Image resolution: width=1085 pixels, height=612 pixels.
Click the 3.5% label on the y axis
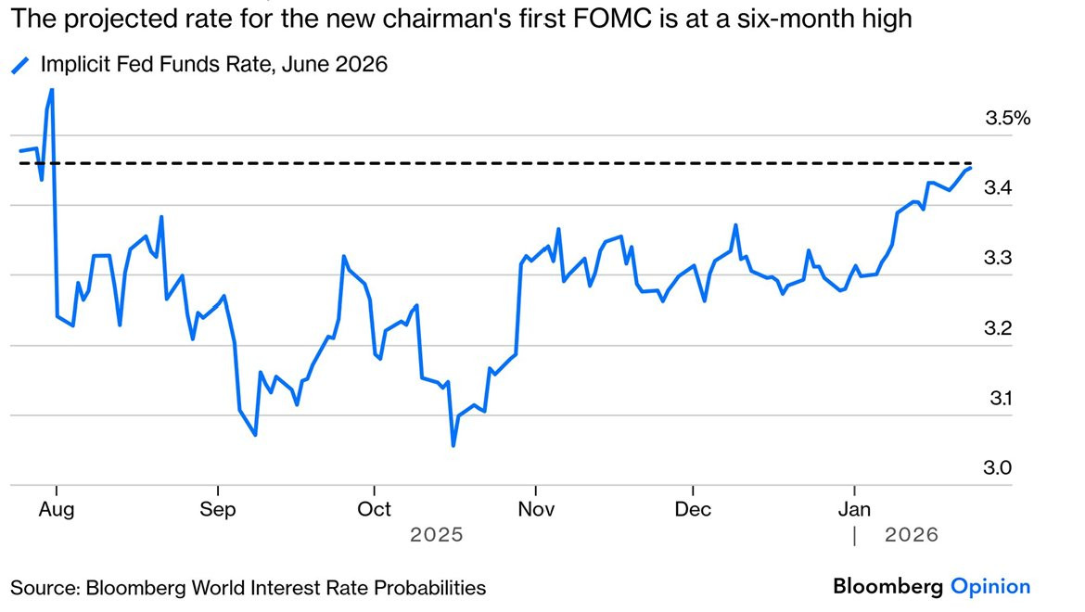(1008, 118)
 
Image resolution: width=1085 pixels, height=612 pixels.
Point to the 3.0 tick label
(998, 468)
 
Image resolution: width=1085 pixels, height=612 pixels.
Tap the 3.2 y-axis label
(998, 328)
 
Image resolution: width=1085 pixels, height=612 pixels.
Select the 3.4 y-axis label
(998, 188)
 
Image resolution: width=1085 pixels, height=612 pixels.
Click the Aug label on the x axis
(57, 509)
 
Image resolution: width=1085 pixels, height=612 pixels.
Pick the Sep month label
(218, 509)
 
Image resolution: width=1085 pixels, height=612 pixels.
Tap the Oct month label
(374, 509)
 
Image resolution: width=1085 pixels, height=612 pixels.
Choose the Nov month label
(536, 509)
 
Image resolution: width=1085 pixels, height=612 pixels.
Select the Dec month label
(693, 509)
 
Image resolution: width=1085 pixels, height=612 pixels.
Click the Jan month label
(854, 509)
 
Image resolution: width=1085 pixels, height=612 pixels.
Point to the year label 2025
(436, 535)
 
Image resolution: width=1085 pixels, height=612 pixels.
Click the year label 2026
(911, 535)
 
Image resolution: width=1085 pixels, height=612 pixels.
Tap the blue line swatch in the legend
(19, 65)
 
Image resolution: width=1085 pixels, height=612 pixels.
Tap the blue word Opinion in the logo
(990, 586)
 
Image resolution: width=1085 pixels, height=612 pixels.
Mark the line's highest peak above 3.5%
(51, 90)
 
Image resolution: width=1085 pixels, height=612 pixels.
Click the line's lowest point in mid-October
(453, 445)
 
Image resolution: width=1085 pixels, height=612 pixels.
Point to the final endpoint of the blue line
(970, 168)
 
